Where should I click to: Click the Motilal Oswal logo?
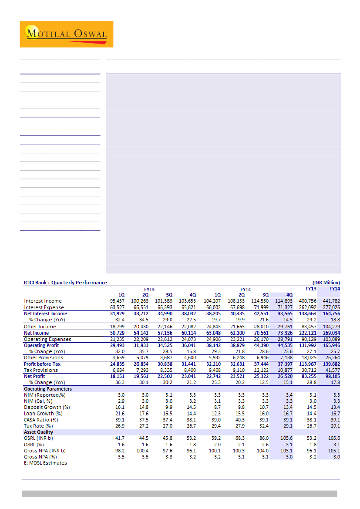point(66,34)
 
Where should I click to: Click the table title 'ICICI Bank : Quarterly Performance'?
point(65,283)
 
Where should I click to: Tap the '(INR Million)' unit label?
point(326,283)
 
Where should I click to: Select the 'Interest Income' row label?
point(43,301)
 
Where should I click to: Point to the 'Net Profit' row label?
point(34,376)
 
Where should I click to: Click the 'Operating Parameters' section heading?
point(48,389)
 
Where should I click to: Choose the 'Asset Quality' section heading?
point(38,432)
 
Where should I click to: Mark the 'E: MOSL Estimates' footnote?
point(45,463)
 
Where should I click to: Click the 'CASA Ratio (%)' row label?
point(41,420)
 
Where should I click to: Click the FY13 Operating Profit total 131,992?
point(307,345)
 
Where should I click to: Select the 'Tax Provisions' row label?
point(40,370)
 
